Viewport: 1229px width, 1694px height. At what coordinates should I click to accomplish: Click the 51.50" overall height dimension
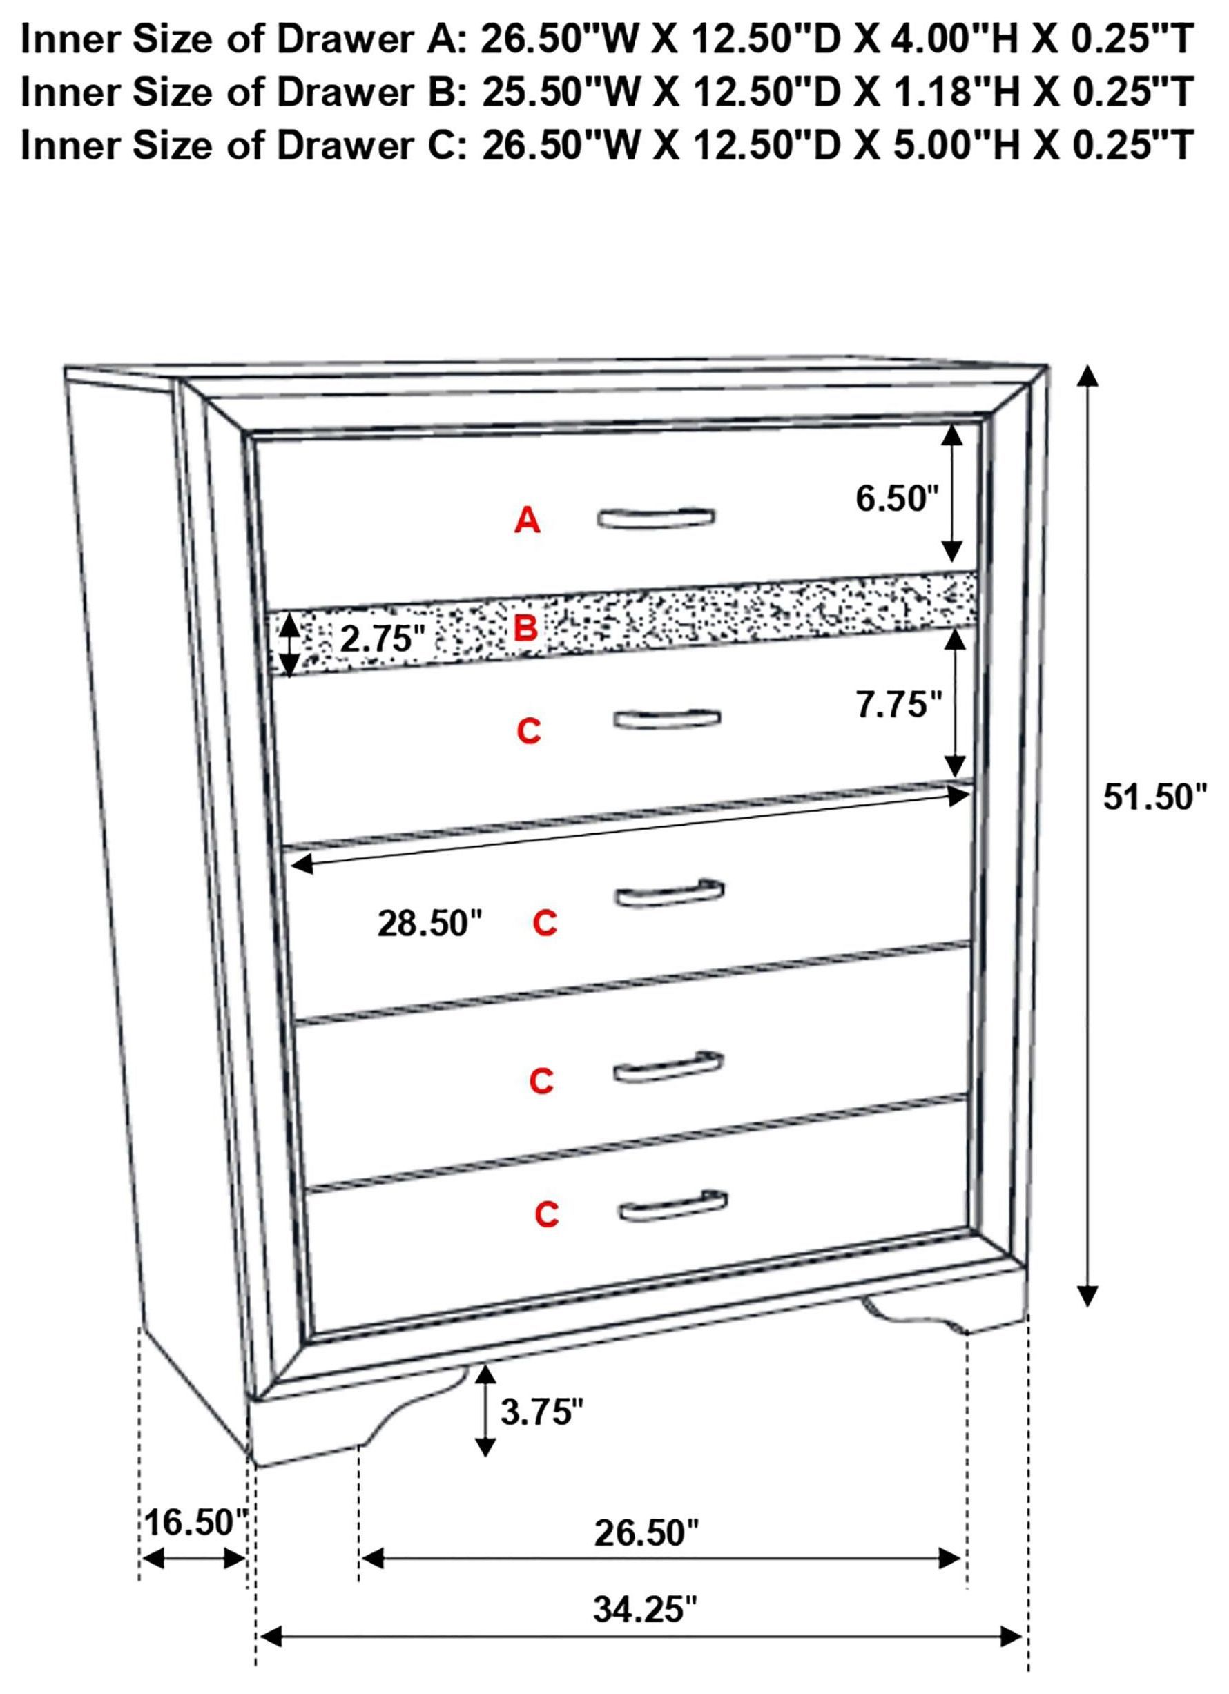[1154, 798]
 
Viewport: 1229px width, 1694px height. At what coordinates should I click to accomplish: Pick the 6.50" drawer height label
[896, 498]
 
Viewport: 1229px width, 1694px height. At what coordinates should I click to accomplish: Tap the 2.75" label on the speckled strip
[383, 639]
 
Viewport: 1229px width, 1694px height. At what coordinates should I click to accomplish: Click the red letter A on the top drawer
[527, 520]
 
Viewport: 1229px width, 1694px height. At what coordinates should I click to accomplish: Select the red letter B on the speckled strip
[526, 629]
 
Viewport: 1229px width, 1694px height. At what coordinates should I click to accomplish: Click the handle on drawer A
[656, 518]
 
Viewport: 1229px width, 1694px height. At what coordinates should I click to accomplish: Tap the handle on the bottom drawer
[673, 1204]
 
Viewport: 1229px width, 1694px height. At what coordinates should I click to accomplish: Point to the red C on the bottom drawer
[547, 1214]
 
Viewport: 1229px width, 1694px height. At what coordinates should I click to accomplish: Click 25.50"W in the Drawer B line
[561, 92]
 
